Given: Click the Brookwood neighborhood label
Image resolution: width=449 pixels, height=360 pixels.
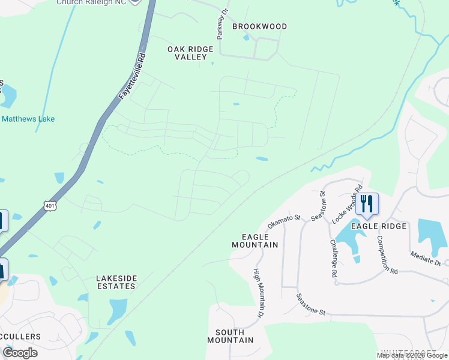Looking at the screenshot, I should tap(259, 26).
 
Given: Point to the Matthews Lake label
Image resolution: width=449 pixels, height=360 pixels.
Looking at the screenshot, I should tap(28, 119).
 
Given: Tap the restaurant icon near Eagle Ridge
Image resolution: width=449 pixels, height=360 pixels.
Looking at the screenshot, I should tap(366, 204).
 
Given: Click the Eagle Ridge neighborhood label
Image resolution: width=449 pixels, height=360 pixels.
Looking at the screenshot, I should tap(379, 226).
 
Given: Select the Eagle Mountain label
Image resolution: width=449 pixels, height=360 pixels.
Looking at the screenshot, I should tap(255, 241).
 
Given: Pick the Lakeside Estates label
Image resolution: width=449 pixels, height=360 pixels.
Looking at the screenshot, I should tap(116, 282).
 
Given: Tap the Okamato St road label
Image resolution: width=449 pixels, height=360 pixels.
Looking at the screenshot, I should tap(283, 220).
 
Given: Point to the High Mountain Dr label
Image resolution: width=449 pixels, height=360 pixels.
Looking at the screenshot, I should tap(258, 293).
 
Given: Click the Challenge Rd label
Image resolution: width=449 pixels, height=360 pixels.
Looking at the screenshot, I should tap(334, 258).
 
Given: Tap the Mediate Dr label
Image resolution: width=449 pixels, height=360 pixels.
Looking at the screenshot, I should tap(426, 259).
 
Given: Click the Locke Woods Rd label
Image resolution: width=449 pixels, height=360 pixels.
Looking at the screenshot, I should tap(354, 198).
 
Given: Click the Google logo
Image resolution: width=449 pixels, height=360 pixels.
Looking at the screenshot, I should tap(20, 353).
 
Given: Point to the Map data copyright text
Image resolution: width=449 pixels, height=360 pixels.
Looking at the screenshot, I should tap(412, 355).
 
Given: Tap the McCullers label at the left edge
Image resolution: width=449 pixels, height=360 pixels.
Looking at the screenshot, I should tap(21, 337).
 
